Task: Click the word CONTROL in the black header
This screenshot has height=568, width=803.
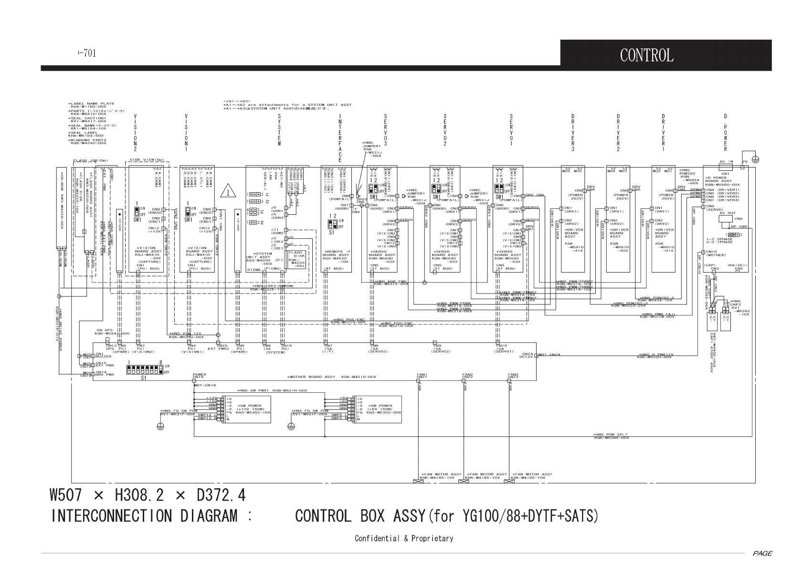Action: pyautogui.click(x=646, y=55)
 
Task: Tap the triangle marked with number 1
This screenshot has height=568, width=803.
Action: pyautogui.click(x=228, y=192)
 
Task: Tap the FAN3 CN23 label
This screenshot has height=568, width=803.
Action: pyautogui.click(x=513, y=376)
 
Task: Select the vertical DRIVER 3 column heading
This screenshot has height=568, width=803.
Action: pyautogui.click(x=572, y=133)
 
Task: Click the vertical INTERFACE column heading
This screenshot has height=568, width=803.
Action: pyautogui.click(x=340, y=138)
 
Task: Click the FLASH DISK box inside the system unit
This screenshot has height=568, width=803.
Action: pyautogui.click(x=296, y=259)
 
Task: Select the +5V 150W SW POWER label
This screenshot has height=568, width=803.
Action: pyautogui.click(x=380, y=409)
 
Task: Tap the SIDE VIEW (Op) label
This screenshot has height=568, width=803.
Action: pyautogui.click(x=147, y=160)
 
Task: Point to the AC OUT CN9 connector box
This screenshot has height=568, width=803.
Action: pyautogui.click(x=728, y=219)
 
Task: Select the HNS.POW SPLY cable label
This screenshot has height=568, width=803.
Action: pyautogui.click(x=611, y=436)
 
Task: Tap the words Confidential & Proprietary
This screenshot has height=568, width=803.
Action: pyautogui.click(x=403, y=538)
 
